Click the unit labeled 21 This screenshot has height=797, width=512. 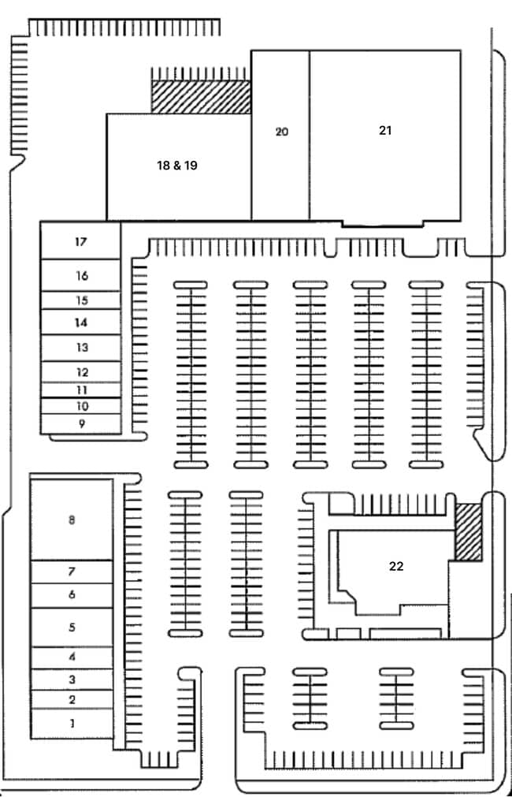pos(385,136)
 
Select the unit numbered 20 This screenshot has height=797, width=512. pos(280,136)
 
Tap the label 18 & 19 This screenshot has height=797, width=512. pos(176,166)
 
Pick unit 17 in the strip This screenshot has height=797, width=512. pos(81,240)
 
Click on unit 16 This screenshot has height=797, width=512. pos(81,275)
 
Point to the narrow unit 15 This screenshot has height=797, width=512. pos(81,300)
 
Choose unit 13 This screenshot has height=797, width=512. pos(81,348)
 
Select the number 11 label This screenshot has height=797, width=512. pos(82,390)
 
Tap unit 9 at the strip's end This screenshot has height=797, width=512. pos(81,424)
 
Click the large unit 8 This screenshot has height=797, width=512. pos(72,520)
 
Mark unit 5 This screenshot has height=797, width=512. pos(72,628)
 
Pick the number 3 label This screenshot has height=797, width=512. pos(72,679)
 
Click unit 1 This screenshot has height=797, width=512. pos(72,724)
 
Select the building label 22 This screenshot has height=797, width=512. pos(396,566)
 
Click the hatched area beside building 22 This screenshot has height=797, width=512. pos(469,532)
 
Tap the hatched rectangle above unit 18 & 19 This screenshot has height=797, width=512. pos(201,97)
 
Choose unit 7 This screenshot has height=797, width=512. pos(72,572)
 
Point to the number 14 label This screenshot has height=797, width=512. pos(81,322)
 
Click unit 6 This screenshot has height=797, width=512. pos(72,595)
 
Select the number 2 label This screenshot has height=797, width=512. pos(72,700)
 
